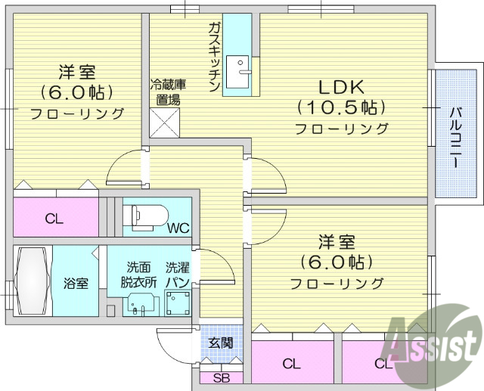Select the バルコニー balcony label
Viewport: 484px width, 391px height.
pyautogui.click(x=456, y=136)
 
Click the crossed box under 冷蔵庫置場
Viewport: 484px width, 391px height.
pyautogui.click(x=166, y=122)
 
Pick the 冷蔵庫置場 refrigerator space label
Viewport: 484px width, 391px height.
pyautogui.click(x=166, y=92)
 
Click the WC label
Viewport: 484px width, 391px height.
pyautogui.click(x=178, y=227)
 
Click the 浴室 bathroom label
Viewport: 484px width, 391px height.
pyautogui.click(x=76, y=284)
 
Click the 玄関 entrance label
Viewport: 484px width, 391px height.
pyautogui.click(x=221, y=343)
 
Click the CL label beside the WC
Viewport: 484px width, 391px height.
pyautogui.click(x=54, y=219)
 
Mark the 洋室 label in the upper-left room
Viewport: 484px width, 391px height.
pyautogui.click(x=77, y=73)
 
